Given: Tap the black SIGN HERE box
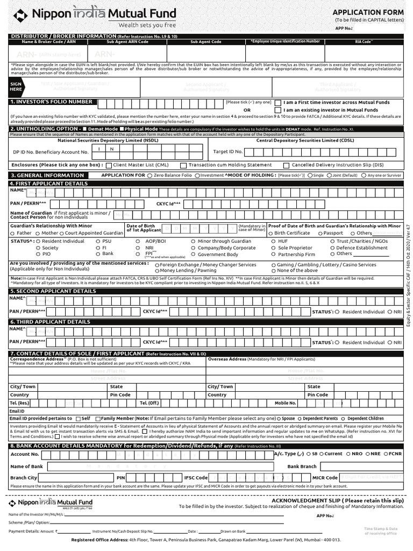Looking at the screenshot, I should coord(16,87).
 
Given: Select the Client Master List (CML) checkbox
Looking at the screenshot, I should coord(109,165).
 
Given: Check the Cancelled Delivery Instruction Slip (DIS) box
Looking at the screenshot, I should coord(287,165).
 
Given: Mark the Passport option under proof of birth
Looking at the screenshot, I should coord(320,233).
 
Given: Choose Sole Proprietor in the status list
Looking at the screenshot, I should coord(274,248).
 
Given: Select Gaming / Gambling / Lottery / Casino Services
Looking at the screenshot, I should coord(274,265).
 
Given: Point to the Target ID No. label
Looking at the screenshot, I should coord(228,152).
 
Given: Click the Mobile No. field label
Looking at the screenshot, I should coord(285,402).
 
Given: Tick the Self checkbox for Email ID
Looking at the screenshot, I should coord(79,418).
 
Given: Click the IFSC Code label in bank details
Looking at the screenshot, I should coord(196,477).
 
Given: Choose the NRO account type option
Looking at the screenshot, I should coord(348,454).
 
